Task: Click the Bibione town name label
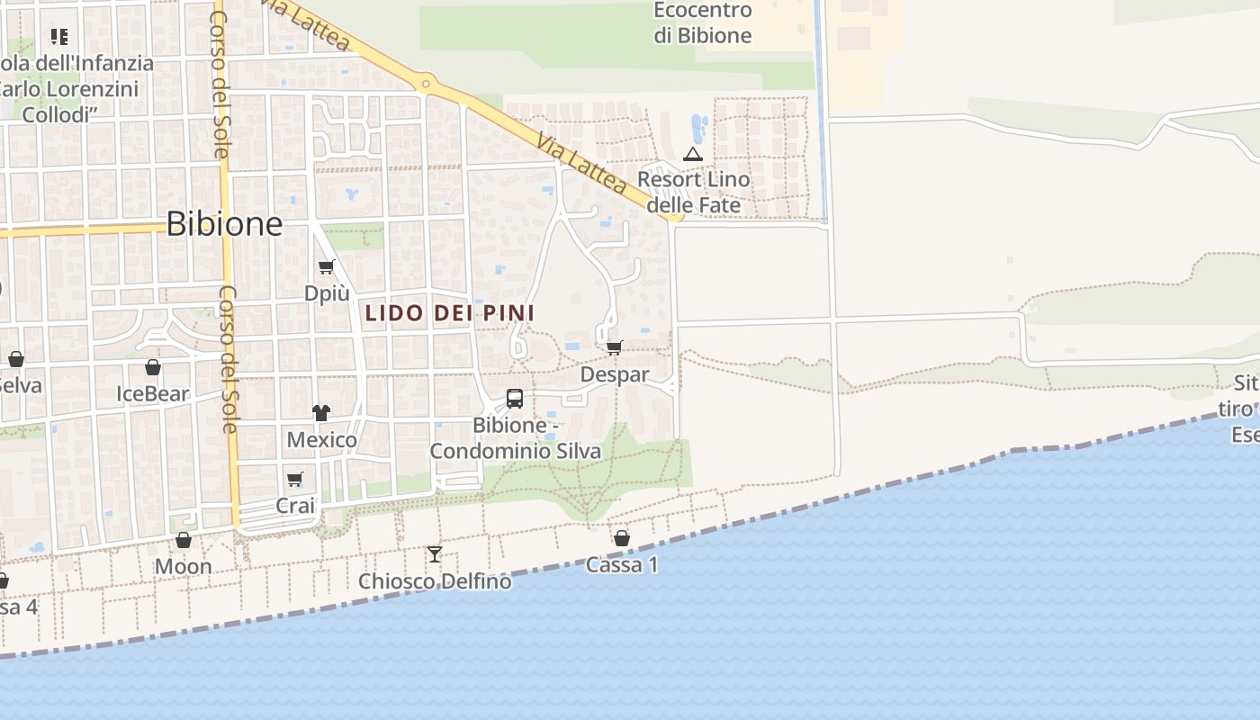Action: [x=224, y=223]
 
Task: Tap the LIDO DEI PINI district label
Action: [x=450, y=313]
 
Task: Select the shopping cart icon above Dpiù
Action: [x=326, y=267]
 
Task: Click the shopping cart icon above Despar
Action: [x=615, y=347]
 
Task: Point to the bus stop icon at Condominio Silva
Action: [x=515, y=398]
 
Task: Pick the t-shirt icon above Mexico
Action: [x=321, y=413]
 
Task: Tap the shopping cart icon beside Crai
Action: [x=295, y=479]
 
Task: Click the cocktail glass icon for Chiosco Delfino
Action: [x=435, y=553]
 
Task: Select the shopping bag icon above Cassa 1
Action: [x=621, y=538]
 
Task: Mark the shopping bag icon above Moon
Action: [x=184, y=540]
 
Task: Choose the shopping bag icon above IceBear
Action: [x=153, y=367]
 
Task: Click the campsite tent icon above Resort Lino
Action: [x=692, y=154]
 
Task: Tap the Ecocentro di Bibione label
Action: [x=703, y=23]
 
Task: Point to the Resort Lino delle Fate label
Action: [x=694, y=192]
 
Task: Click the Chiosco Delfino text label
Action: [x=435, y=581]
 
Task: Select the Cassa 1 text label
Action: [x=622, y=565]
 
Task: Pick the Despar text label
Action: [x=615, y=373]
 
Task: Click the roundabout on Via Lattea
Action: [x=427, y=85]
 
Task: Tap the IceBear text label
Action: [x=153, y=393]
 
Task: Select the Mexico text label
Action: [x=321, y=440]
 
